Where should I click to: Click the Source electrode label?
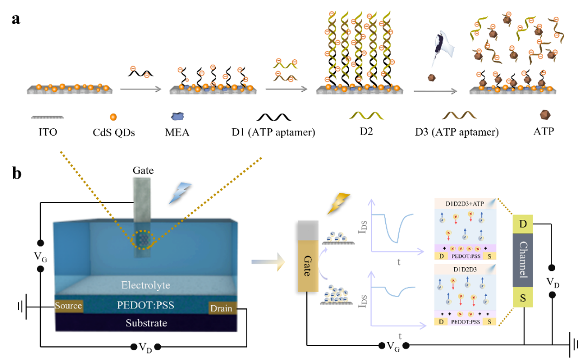(x=68, y=306)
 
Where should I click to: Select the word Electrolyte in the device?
(x=146, y=285)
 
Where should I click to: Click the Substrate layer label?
(x=146, y=323)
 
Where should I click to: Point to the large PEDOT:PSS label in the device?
(x=146, y=305)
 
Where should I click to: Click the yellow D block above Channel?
(x=523, y=224)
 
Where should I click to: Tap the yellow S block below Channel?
(x=523, y=298)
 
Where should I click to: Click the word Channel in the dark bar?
(x=523, y=260)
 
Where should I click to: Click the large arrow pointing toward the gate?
(x=268, y=262)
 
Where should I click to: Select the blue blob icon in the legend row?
(x=178, y=116)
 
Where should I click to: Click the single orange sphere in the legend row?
(x=113, y=116)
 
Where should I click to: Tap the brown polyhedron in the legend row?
(x=545, y=115)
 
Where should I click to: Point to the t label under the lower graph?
(x=400, y=336)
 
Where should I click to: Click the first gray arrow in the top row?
(x=141, y=89)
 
